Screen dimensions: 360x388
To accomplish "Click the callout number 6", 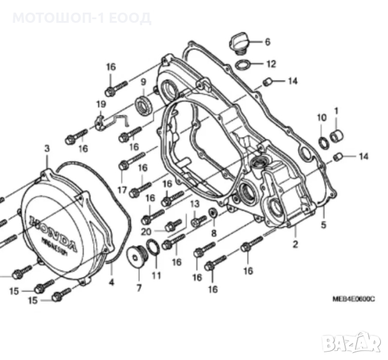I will click(267, 42).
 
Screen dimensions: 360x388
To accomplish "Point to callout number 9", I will click(143, 82).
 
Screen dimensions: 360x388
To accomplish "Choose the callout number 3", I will click(47, 148).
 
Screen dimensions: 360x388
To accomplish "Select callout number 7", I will click(139, 288).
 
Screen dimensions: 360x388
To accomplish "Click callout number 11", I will click(157, 276).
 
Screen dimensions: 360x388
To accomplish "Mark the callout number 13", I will click(194, 205).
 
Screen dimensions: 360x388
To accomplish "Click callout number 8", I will click(213, 233).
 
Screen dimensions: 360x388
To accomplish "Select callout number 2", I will click(295, 244).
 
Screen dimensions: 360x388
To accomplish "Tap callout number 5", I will click(323, 226).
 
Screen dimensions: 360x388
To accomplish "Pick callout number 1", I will click(336, 111).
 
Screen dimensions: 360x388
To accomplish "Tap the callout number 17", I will click(122, 191).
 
